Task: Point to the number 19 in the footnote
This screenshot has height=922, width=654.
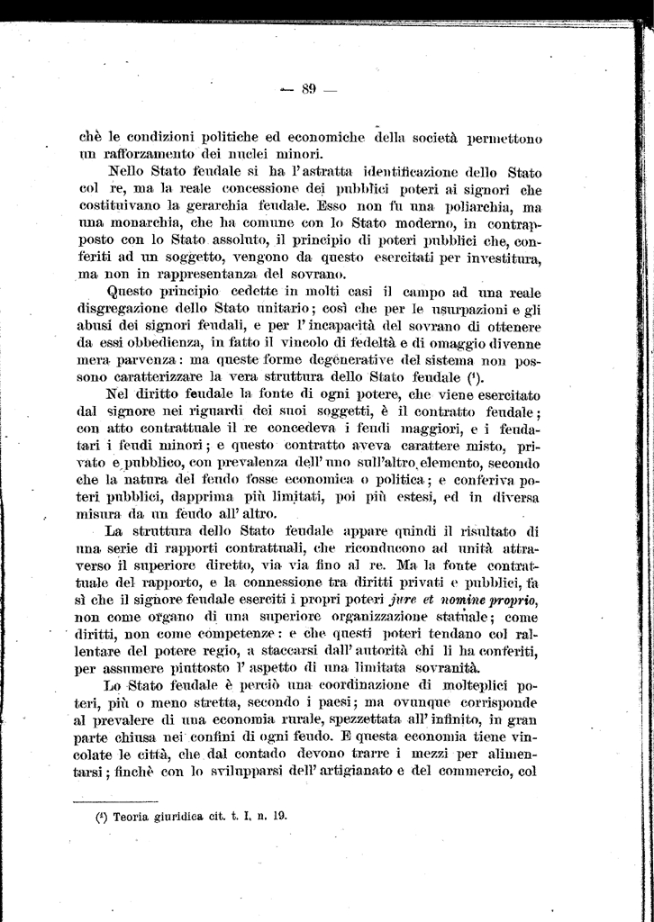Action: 278,818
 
